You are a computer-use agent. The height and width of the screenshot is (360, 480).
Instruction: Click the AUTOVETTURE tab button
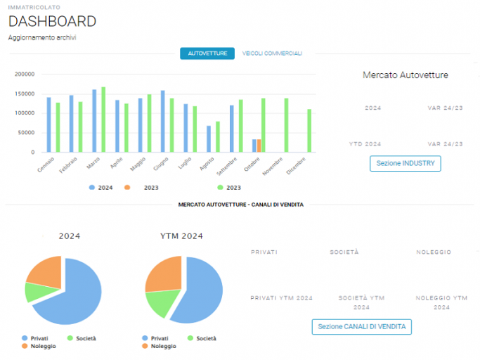click(x=207, y=53)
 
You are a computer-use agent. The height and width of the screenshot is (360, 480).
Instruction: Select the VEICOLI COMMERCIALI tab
click(x=272, y=53)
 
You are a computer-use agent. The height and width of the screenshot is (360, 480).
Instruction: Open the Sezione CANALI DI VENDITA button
click(x=361, y=327)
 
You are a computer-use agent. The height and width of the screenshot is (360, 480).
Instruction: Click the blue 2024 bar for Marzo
click(x=94, y=121)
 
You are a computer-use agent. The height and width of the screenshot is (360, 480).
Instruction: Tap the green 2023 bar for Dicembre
click(x=309, y=131)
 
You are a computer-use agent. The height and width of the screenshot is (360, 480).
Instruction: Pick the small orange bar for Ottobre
click(x=259, y=146)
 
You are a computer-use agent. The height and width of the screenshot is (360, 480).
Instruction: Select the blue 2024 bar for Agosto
click(x=209, y=139)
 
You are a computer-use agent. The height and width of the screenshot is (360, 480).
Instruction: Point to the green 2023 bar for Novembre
click(x=286, y=125)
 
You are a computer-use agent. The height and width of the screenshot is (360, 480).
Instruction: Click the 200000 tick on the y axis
click(x=25, y=74)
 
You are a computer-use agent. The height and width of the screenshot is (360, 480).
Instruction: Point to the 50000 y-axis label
click(x=26, y=133)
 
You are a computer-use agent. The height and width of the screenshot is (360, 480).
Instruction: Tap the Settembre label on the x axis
click(x=227, y=167)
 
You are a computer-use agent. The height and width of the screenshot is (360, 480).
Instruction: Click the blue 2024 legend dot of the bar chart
click(x=92, y=187)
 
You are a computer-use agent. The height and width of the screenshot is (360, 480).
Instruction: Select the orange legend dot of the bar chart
click(x=127, y=187)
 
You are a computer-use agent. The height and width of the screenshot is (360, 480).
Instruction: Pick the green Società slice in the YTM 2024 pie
click(x=162, y=303)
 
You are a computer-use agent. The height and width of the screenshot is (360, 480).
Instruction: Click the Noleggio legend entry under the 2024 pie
click(x=39, y=346)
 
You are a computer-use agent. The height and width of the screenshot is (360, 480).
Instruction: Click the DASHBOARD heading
click(x=52, y=22)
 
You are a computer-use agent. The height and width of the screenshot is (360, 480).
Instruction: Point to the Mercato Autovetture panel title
click(x=406, y=75)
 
